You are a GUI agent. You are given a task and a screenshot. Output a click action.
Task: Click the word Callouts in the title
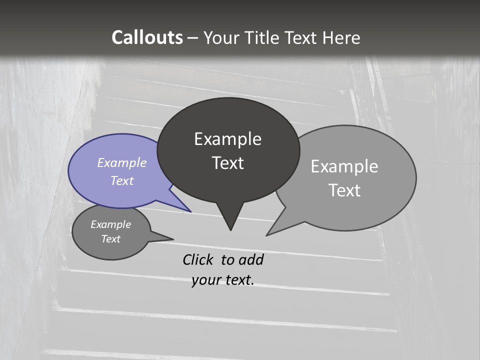tap(147, 37)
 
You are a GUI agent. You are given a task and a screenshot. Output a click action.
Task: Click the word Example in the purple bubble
tap(122, 162)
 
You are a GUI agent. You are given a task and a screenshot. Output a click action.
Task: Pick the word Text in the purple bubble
tap(122, 180)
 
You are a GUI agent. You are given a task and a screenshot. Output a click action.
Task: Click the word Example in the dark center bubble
tap(227, 139)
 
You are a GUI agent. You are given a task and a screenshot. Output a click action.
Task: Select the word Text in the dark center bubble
tap(227, 163)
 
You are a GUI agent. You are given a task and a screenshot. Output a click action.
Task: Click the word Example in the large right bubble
tap(344, 166)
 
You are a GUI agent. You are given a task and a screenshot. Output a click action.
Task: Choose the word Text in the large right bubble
tap(344, 190)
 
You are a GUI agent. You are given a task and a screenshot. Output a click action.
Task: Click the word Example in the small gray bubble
tap(111, 224)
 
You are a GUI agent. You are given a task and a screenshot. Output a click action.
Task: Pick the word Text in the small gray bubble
tap(111, 239)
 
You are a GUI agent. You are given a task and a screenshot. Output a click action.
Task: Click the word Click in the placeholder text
tap(199, 259)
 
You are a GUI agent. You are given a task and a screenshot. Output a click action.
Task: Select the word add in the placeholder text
tap(251, 259)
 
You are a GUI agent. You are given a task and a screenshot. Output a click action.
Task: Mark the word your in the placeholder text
tap(205, 280)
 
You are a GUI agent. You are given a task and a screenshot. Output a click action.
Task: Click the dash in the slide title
tap(192, 38)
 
